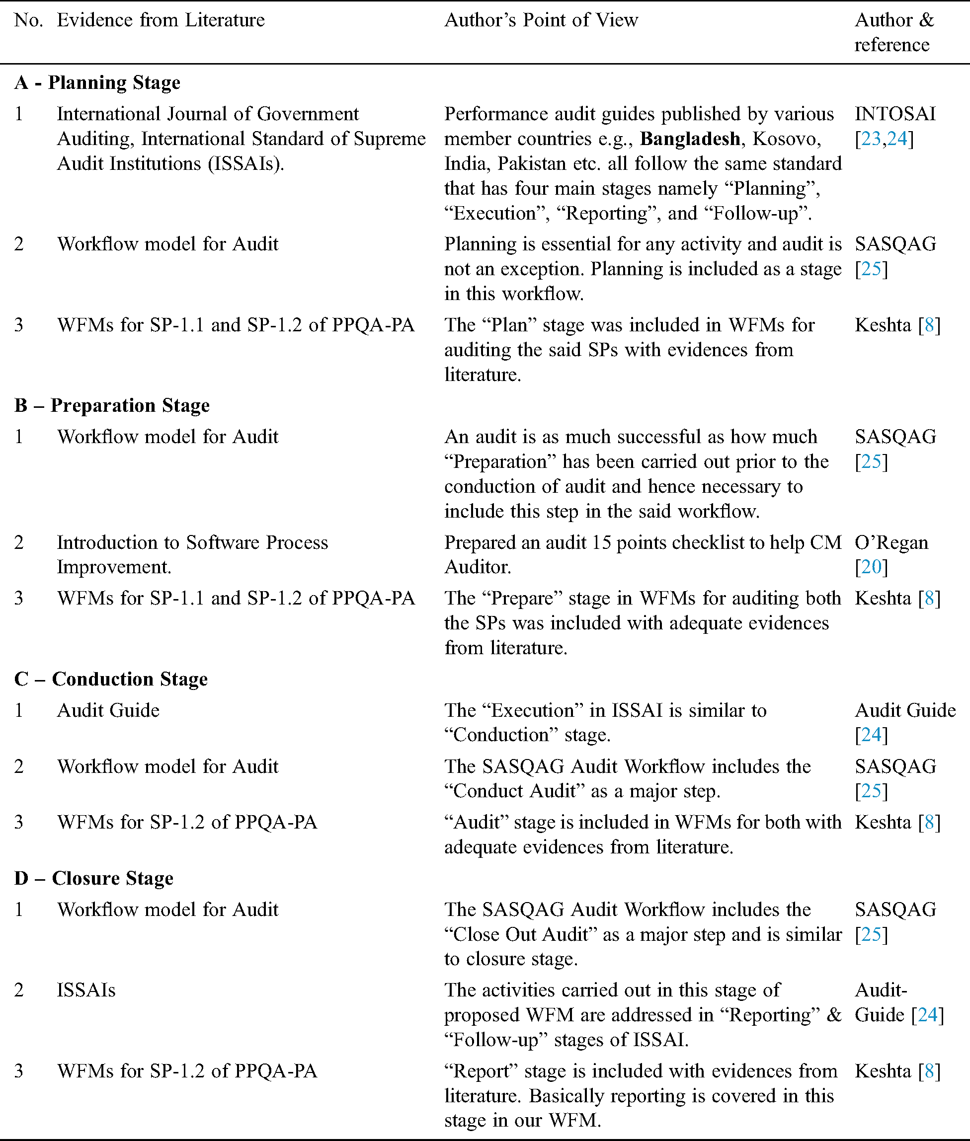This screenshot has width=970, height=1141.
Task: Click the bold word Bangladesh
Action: click(x=690, y=139)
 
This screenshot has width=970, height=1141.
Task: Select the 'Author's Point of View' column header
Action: click(x=541, y=20)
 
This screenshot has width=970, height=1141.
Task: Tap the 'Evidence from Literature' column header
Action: click(x=161, y=20)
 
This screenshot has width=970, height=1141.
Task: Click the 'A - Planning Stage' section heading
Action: click(x=97, y=82)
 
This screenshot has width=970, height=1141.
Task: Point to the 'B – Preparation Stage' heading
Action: click(x=112, y=406)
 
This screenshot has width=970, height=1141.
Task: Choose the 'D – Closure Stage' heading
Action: click(x=94, y=878)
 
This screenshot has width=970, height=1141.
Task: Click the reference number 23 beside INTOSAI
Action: click(x=871, y=139)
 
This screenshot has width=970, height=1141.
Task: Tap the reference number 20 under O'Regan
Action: click(x=871, y=567)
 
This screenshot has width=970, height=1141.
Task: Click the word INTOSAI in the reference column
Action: click(x=894, y=114)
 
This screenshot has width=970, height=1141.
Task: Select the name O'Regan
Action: click(x=891, y=542)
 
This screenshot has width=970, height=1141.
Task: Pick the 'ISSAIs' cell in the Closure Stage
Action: click(x=86, y=990)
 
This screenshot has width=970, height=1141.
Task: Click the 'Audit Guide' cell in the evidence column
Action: click(x=108, y=711)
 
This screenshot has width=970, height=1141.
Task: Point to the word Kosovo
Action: click(x=786, y=139)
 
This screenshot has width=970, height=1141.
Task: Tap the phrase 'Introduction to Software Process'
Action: click(x=192, y=542)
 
